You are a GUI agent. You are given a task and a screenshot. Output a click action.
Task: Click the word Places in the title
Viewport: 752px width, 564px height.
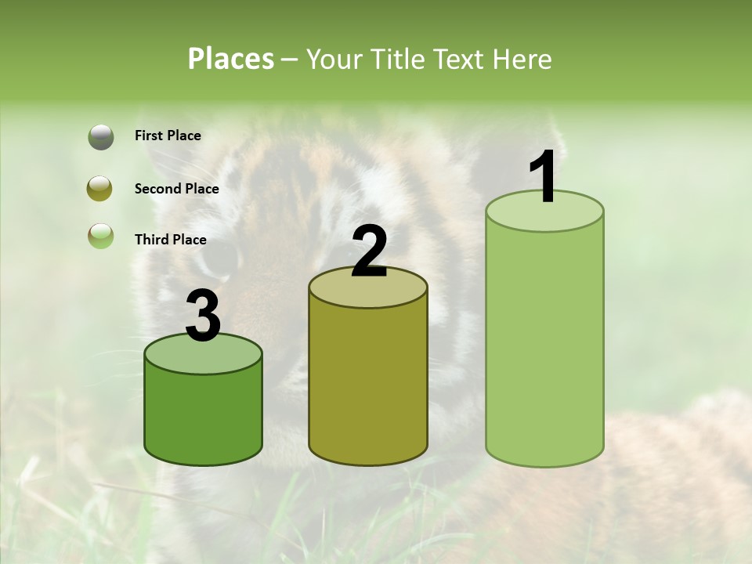click(231, 59)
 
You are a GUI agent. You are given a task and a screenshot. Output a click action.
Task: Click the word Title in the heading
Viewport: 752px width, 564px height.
click(396, 59)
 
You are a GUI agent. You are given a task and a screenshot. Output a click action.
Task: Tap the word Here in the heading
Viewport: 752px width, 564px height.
click(522, 59)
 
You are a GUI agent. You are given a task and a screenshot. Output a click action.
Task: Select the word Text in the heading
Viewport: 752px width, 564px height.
click(457, 59)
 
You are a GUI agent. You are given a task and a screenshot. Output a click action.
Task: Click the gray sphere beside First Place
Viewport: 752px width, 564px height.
click(101, 136)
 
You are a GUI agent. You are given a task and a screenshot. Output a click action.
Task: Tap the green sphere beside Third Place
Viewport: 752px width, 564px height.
click(101, 235)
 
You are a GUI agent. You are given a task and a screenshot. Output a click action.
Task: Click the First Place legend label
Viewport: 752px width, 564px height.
click(168, 136)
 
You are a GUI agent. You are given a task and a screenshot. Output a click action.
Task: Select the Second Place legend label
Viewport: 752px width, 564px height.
click(176, 189)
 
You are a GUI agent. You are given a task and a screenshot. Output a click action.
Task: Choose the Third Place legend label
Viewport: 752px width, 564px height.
click(170, 240)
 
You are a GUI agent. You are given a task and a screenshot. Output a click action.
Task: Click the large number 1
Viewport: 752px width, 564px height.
click(544, 178)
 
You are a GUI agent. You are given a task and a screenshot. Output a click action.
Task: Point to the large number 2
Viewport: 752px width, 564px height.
click(369, 252)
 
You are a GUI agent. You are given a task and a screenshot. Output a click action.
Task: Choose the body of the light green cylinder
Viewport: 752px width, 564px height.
click(544, 345)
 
